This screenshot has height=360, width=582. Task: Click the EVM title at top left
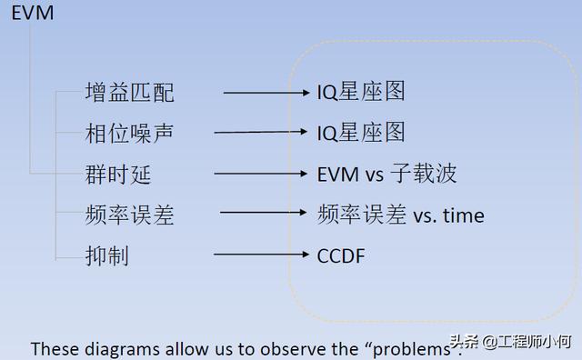33,13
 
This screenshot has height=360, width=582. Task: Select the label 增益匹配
129,93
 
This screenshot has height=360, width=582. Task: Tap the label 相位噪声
129,134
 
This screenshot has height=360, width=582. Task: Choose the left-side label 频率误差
129,215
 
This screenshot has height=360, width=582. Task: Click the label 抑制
107,256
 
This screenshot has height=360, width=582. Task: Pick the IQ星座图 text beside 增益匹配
361,92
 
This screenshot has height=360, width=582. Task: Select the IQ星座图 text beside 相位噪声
361,133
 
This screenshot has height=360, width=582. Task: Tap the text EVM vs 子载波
386,174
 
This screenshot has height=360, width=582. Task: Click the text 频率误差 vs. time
401,215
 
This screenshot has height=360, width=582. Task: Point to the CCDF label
341,256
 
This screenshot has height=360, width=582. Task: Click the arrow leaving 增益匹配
266,93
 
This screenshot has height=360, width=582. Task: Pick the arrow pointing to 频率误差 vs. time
263,215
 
